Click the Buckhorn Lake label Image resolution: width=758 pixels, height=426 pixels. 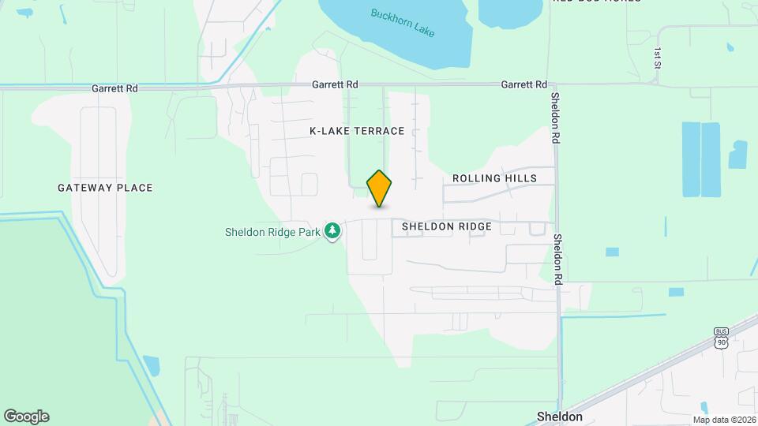404,24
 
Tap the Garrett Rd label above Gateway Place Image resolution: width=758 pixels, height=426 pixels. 114,88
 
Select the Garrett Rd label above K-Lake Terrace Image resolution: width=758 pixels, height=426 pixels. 335,84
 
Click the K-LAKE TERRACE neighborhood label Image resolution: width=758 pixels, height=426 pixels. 357,131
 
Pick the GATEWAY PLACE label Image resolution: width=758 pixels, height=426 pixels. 105,188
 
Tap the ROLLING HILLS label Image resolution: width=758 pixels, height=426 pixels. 494,178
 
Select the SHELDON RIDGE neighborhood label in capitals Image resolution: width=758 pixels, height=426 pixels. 446,226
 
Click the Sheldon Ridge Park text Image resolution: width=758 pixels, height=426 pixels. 273,232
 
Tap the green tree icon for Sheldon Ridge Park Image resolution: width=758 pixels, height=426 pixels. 334,230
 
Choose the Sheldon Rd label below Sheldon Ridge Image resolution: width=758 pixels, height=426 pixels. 557,259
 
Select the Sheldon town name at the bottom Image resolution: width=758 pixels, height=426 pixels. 559,417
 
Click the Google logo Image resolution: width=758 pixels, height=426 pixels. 26,417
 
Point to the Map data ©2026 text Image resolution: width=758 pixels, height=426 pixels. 724,420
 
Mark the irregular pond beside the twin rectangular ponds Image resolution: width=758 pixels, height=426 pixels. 738,155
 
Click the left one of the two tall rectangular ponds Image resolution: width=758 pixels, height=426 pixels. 690,159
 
